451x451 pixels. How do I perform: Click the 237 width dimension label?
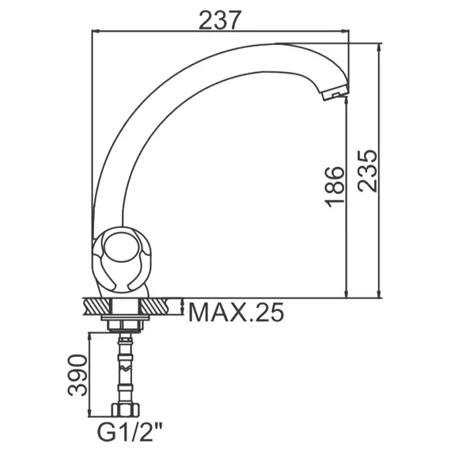coord(218,20)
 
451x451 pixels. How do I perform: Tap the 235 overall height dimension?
coord(367,171)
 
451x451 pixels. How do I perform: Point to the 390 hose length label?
coord(77,375)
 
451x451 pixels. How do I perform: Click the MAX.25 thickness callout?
coord(236,313)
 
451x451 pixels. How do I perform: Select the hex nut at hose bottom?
coord(126,410)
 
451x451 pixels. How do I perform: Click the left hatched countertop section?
coord(97,307)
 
